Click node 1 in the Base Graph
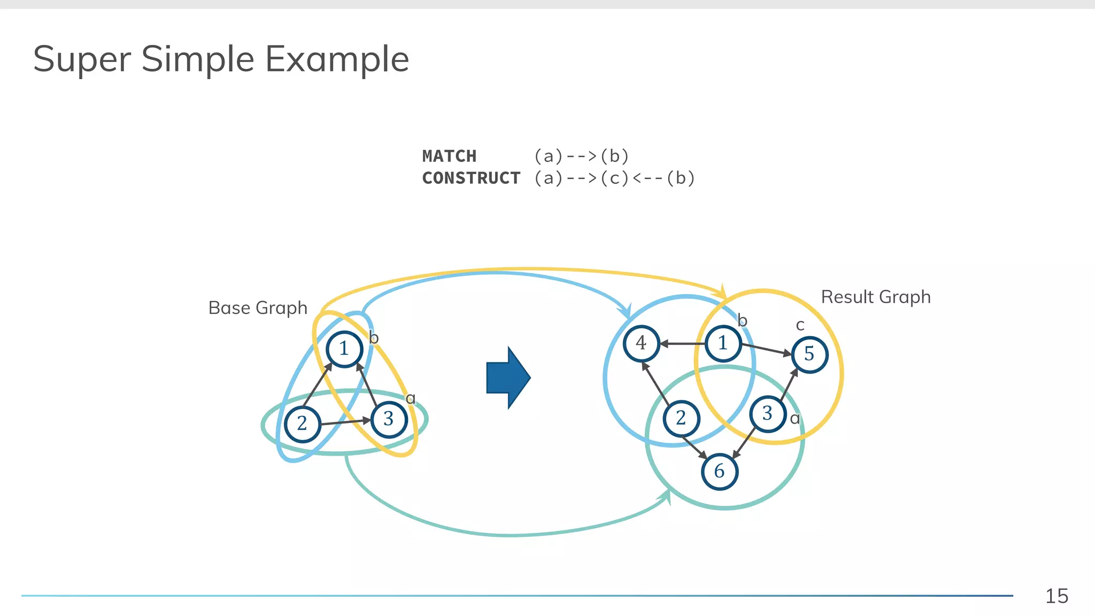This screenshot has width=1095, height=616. [344, 349]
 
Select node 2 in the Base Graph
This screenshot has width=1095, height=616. [303, 423]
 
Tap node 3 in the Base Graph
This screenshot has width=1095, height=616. [389, 419]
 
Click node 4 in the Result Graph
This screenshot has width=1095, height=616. [641, 343]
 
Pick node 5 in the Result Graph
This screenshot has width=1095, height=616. [809, 354]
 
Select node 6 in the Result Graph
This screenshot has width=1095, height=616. [719, 471]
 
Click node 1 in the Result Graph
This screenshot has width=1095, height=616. [723, 343]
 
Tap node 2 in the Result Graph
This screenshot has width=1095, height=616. [681, 418]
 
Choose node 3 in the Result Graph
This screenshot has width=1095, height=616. [767, 413]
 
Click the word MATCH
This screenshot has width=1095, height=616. [449, 156]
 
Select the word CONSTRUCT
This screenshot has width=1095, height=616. [471, 178]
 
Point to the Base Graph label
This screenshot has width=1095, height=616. [258, 308]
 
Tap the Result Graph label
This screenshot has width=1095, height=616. [875, 297]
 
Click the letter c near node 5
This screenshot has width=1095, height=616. [800, 325]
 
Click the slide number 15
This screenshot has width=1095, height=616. [1057, 596]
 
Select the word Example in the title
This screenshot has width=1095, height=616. [337, 59]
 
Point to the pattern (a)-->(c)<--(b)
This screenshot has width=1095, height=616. [614, 178]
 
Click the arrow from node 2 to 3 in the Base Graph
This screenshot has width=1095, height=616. [345, 422]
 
